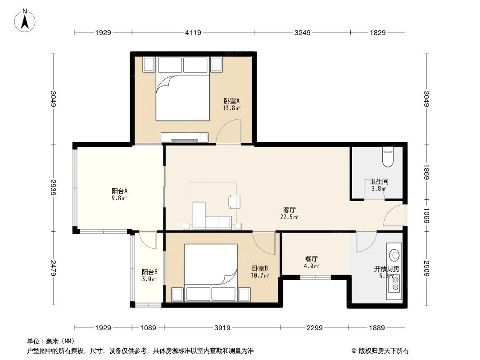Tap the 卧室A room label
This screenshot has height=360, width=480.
tap(231, 104)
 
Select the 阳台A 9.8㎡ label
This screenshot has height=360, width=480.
tap(119, 194)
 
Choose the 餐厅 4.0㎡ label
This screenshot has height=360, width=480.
tap(312, 262)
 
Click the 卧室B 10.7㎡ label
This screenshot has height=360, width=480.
tap(260, 272)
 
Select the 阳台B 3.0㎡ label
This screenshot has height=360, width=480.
tap(149, 275)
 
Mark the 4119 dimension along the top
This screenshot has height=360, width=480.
tap(193, 32)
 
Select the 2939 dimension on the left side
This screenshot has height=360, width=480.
tap(53, 188)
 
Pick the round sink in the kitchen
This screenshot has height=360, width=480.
tap(395, 255)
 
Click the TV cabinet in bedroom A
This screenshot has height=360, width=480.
tap(185, 137)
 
